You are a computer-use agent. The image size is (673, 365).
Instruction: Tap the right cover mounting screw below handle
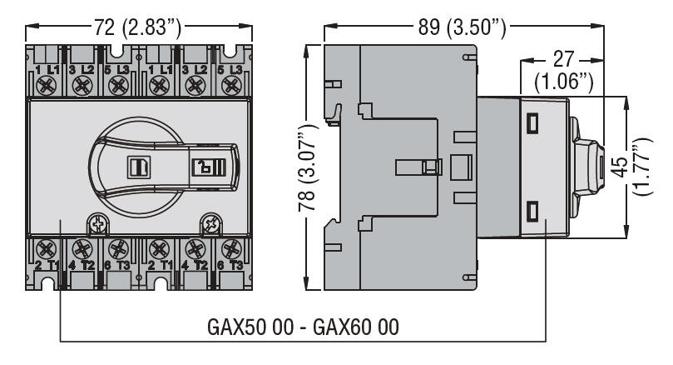[x=210, y=224]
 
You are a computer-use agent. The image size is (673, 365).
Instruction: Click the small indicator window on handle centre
[x=137, y=166]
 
